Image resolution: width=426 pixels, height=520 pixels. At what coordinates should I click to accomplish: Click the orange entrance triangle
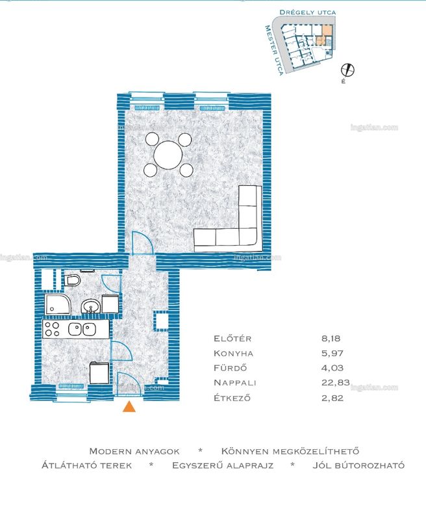129,407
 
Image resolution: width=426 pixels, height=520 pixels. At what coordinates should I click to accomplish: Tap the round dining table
168,155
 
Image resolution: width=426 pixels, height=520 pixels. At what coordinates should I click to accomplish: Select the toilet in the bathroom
73,281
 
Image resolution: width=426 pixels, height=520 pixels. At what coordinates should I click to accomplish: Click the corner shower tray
58,304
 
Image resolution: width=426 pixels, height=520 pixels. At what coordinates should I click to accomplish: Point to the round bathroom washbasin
91,306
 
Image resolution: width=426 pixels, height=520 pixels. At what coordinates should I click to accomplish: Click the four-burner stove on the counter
53,330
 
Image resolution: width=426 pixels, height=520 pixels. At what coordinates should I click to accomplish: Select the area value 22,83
335,383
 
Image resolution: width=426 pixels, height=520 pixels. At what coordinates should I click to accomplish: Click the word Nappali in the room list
235,383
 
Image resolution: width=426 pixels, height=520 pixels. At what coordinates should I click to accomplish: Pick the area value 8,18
331,339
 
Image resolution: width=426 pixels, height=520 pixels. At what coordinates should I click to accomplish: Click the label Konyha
233,354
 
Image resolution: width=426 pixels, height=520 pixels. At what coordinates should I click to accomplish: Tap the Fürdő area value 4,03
332,368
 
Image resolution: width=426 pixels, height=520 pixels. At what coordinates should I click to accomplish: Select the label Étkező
232,398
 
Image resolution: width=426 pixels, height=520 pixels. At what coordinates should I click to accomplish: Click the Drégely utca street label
307,12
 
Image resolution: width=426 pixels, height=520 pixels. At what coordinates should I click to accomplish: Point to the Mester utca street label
274,50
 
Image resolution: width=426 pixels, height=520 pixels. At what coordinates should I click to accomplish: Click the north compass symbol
347,70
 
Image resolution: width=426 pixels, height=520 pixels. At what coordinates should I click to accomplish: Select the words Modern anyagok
134,451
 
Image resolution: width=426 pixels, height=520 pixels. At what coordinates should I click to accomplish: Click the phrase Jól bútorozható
358,465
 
